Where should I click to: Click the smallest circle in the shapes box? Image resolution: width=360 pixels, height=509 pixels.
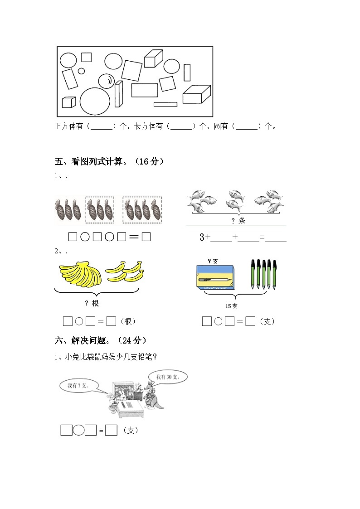click(82, 71)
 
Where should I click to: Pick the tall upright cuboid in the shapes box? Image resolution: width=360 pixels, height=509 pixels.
click(118, 94)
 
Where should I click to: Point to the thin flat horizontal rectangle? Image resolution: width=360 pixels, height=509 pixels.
click(165, 104)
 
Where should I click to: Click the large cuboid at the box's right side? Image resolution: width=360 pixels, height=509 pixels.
click(196, 94)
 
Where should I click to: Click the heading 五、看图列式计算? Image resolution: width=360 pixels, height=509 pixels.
click(109, 161)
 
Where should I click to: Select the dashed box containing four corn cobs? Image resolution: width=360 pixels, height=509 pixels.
click(142, 210)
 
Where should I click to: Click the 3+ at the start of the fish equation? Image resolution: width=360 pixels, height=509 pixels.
click(205, 237)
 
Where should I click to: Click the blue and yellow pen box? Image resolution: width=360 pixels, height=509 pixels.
click(216, 278)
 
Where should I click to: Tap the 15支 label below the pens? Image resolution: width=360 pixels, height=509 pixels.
click(232, 306)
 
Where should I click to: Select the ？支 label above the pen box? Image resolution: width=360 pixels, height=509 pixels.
click(213, 261)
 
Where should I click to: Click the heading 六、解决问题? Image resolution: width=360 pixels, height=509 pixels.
click(100, 340)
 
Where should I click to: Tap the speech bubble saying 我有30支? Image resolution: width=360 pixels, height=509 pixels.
click(167, 377)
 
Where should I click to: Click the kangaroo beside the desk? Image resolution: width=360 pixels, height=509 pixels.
click(150, 397)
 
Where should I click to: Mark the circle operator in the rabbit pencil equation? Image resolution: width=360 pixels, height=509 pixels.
click(78, 430)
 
